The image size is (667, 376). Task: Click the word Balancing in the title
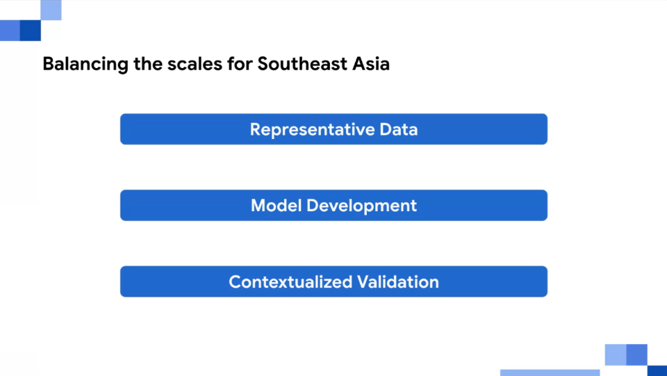pos(85,64)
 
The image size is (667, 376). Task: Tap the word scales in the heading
pos(195,64)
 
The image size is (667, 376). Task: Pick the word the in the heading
pos(148,64)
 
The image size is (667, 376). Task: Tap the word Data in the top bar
pos(399,129)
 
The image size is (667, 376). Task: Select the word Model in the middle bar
pos(276,206)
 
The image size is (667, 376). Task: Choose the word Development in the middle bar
pos(361,206)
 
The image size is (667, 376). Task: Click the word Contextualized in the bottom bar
pos(290,281)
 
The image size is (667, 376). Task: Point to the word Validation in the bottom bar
pos(397,281)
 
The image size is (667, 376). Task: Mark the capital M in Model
pos(258,206)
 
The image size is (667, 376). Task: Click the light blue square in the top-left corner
pos(51,10)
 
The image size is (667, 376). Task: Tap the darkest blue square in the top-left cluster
pos(30,31)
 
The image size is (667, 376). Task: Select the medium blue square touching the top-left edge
pos(10,31)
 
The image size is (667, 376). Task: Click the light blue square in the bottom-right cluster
pos(616,354)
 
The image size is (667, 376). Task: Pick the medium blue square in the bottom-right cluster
pos(637,354)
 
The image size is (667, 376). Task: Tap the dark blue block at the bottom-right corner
pos(657,370)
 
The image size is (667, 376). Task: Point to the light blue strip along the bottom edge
pos(550,373)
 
